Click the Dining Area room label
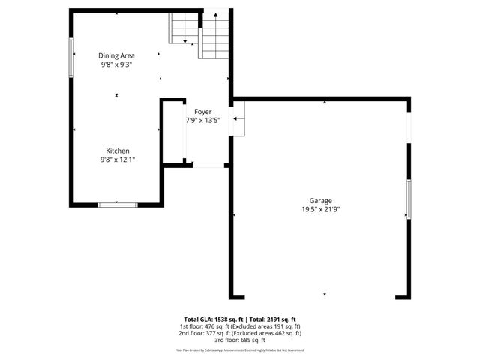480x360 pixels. click(117, 55)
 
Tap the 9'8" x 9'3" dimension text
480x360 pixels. click(117, 65)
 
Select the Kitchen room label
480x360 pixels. click(117, 151)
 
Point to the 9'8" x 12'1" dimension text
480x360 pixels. click(117, 160)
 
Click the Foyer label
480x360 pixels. click(202, 111)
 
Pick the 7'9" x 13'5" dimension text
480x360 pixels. click(202, 120)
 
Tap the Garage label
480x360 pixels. click(320, 200)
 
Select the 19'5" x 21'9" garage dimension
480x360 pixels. click(320, 210)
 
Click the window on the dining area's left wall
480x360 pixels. click(72, 57)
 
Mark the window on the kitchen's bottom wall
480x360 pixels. click(118, 203)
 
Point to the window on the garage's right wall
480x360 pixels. click(408, 199)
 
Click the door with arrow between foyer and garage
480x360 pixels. click(238, 118)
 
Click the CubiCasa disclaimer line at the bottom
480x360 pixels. click(240, 349)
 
